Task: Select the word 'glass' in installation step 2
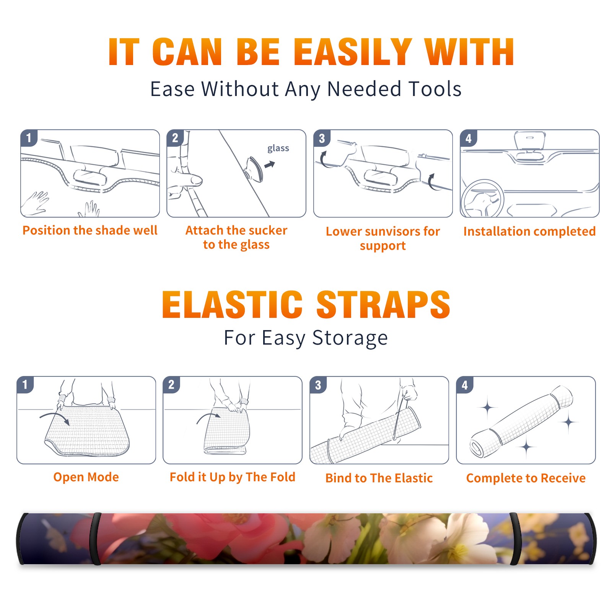(278, 148)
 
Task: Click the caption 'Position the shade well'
(90, 230)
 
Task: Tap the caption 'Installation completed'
(529, 231)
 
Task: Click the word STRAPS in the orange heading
(383, 304)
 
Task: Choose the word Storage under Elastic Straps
(350, 338)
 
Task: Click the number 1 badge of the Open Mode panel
(25, 385)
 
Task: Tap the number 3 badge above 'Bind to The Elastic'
(318, 385)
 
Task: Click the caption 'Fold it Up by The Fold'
(233, 477)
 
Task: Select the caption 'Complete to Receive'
(526, 478)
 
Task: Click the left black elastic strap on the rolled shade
(95, 539)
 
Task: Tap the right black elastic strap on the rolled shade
(515, 539)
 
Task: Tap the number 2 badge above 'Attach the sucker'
(175, 138)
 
